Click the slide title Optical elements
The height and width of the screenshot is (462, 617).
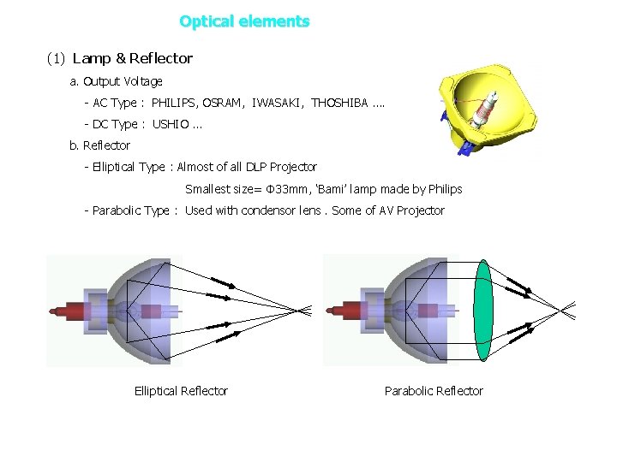pyautogui.click(x=244, y=21)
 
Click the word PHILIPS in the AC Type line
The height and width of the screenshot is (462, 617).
pyautogui.click(x=174, y=104)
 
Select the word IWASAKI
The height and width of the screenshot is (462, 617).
pyautogui.click(x=278, y=104)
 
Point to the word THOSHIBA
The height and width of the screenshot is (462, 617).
pyautogui.click(x=338, y=104)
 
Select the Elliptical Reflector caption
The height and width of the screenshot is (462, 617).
pyautogui.click(x=181, y=391)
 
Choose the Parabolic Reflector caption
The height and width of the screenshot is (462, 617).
pyautogui.click(x=434, y=391)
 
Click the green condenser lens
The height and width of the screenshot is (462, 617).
pyautogui.click(x=483, y=310)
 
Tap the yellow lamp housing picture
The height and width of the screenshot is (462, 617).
pyautogui.click(x=487, y=106)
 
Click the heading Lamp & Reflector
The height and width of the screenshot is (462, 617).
pyautogui.click(x=133, y=59)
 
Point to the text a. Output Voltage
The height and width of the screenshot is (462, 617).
pyautogui.click(x=116, y=82)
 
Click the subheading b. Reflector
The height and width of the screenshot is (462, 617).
pyautogui.click(x=99, y=145)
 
